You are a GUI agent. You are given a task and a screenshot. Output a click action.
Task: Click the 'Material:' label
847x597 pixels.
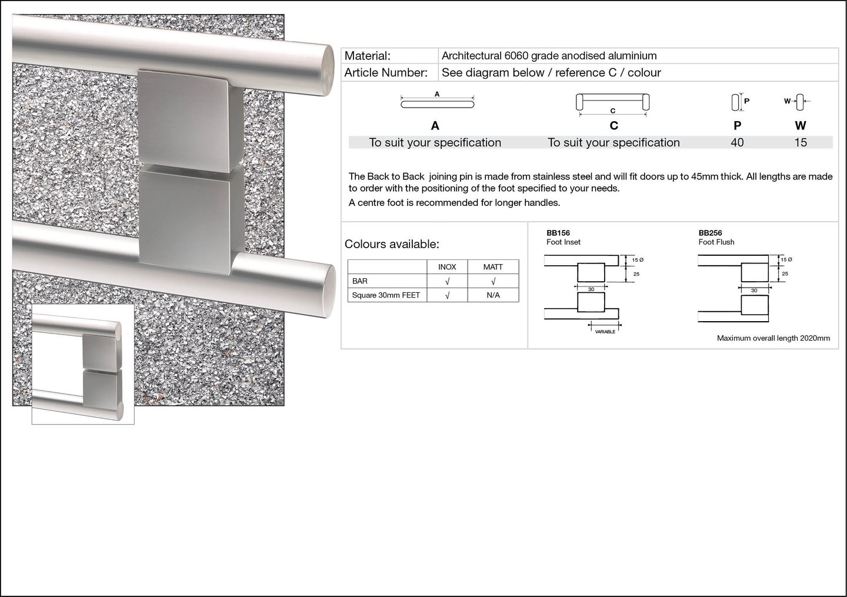coord(367,56)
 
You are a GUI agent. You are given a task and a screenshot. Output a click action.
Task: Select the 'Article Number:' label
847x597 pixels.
coord(386,72)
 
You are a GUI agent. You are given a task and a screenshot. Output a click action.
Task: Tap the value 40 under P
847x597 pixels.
coord(737,142)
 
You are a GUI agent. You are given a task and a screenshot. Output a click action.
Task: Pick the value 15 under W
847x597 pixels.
coord(801,142)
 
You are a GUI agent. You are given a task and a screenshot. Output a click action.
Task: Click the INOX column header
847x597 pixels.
coord(447,267)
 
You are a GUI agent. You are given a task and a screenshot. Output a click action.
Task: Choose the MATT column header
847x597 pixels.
coord(493,267)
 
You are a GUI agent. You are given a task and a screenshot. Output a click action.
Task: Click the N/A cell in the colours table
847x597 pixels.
coord(493,295)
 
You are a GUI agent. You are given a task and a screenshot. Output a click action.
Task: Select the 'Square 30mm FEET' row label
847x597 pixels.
coord(386,295)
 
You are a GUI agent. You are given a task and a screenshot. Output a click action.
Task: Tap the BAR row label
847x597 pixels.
coord(359,281)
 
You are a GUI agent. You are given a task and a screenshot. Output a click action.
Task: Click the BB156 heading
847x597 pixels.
coord(558,233)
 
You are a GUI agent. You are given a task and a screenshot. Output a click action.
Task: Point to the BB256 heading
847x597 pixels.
coord(710,233)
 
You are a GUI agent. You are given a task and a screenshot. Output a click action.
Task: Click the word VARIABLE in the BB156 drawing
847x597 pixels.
coord(605,332)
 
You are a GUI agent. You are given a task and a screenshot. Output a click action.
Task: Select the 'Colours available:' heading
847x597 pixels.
coord(392,244)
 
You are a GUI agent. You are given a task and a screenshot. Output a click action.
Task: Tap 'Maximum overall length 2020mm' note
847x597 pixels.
coord(773,338)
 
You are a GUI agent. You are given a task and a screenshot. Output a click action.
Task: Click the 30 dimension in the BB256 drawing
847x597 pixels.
coord(754,291)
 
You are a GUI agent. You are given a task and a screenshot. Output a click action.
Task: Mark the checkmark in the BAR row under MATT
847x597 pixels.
coord(493,281)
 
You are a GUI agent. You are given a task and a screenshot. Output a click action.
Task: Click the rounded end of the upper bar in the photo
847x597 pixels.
coord(328,71)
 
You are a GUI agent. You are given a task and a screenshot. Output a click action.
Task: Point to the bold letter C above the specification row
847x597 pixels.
coord(613,125)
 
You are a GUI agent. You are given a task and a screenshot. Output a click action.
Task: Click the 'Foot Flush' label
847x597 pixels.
coord(716,242)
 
